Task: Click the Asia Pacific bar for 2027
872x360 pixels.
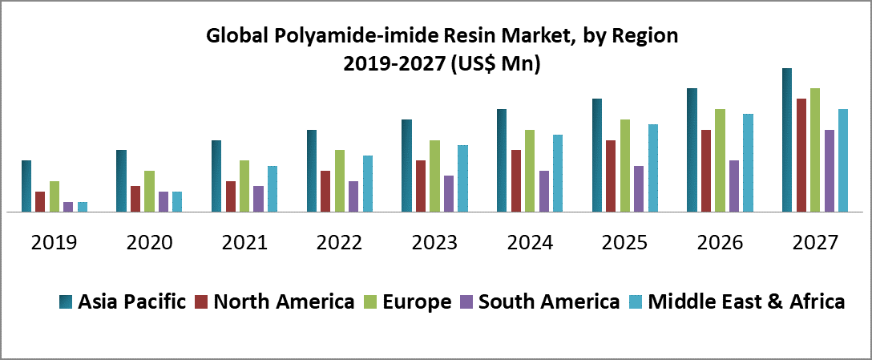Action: point(787,140)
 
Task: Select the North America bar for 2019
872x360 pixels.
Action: point(40,202)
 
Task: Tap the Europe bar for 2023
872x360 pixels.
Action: point(435,176)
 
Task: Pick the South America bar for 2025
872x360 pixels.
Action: point(639,189)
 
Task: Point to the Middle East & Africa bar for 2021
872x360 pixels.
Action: point(272,189)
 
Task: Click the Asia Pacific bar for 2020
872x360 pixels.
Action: point(121,181)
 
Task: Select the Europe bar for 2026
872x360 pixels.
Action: point(721,160)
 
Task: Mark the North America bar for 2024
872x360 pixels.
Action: point(516,181)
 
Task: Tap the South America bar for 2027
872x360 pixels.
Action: point(830,171)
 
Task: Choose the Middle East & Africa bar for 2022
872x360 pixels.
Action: point(368,184)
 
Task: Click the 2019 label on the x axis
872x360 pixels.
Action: point(54,242)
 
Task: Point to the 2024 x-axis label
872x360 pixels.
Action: point(530,242)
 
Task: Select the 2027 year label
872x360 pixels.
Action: point(814,242)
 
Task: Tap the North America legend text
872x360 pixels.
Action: point(284,301)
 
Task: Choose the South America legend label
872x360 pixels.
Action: point(549,301)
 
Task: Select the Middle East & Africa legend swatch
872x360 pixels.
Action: point(636,302)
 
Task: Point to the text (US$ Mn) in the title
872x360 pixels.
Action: point(494,64)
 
